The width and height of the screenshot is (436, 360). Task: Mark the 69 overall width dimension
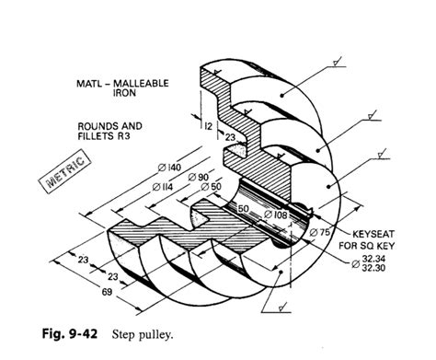point(82,292)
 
